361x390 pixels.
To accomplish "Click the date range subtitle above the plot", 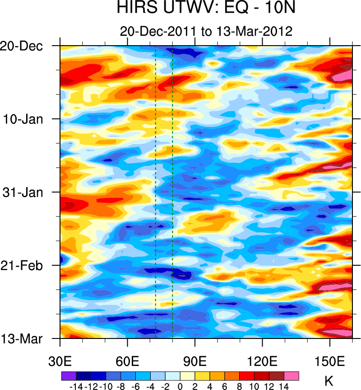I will pyautogui.click(x=206, y=31).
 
